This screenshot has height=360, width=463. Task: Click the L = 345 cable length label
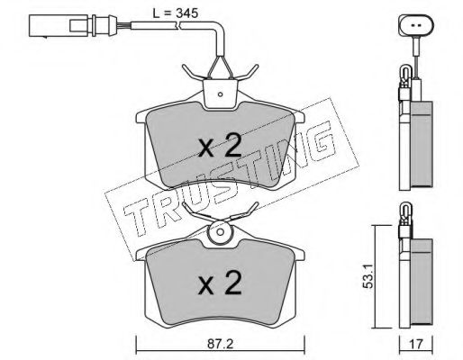pos(176,13)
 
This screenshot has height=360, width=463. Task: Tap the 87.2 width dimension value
pos(220,344)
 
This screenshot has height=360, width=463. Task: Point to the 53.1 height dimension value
pos(368,276)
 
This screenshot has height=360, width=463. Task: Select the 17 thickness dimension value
pos(416,344)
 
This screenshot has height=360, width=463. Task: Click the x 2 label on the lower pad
pos(220,283)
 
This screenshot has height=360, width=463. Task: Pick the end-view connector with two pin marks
pos(416,24)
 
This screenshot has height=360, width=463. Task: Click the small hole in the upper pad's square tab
pos(220,94)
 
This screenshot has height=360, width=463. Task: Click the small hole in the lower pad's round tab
pos(220,232)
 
